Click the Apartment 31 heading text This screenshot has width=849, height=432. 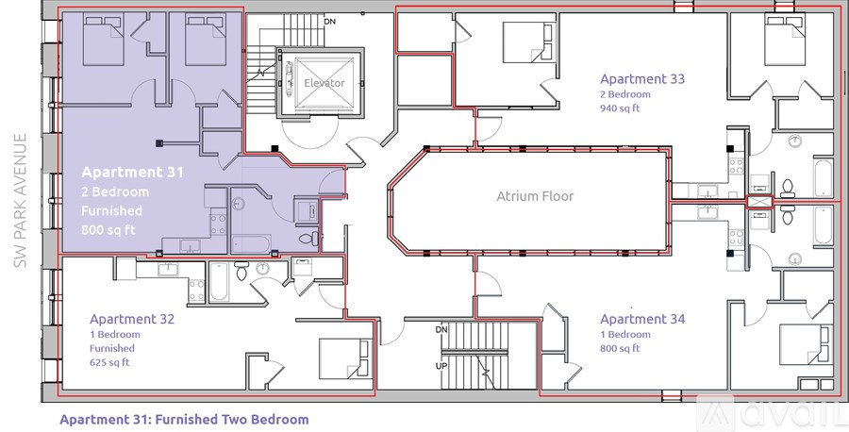click(132, 172)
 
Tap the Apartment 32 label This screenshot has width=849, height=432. click(132, 319)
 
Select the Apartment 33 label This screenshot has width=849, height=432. click(642, 79)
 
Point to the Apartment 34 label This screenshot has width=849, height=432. click(642, 319)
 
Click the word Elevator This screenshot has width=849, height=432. click(324, 84)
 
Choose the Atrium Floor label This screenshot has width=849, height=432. click(535, 197)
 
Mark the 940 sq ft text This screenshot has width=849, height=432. click(621, 108)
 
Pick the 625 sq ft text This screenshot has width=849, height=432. click(110, 362)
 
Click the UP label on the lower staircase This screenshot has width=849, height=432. click(441, 364)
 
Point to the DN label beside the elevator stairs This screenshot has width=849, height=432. click(329, 20)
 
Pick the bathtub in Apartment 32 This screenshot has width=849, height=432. click(219, 281)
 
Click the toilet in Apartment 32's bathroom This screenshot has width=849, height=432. click(242, 274)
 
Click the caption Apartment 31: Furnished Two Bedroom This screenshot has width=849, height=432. click(184, 419)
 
